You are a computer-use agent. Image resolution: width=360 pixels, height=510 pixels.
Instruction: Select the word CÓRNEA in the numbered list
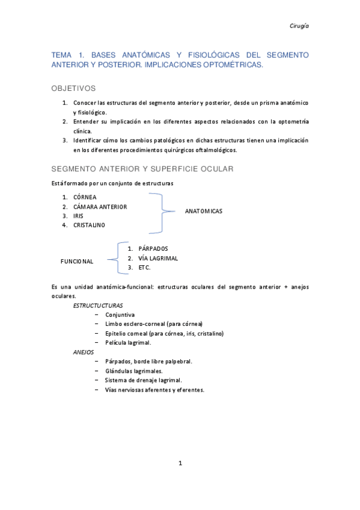pyautogui.click(x=85, y=197)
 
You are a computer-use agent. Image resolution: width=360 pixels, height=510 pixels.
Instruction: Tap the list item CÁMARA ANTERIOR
pyautogui.click(x=100, y=206)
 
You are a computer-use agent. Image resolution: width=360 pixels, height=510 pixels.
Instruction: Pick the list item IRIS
pyautogui.click(x=78, y=215)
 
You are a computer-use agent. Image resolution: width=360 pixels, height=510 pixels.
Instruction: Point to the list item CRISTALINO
pyautogui.click(x=89, y=225)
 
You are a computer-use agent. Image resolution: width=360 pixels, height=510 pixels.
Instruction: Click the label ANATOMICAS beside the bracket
pyautogui.click(x=203, y=211)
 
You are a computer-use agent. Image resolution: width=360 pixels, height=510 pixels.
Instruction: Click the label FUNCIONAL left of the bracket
pyautogui.click(x=77, y=262)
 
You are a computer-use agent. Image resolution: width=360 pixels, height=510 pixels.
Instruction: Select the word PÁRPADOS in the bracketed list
pyautogui.click(x=153, y=248)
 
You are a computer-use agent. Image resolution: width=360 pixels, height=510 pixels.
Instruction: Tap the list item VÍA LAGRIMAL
pyautogui.click(x=158, y=258)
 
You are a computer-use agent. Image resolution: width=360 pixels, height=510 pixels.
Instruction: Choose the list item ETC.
pyautogui.click(x=144, y=268)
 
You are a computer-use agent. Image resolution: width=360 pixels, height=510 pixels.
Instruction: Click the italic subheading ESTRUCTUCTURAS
pyautogui.click(x=98, y=306)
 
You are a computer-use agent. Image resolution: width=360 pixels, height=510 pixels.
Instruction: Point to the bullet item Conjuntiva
pyautogui.click(x=120, y=315)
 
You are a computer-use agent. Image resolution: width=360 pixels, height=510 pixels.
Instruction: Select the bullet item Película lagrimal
pyautogui.click(x=128, y=342)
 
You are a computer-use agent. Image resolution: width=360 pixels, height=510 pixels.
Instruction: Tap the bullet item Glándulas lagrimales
pyautogui.click(x=133, y=371)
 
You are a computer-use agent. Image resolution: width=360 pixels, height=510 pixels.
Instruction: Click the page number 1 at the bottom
pyautogui.click(x=180, y=463)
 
